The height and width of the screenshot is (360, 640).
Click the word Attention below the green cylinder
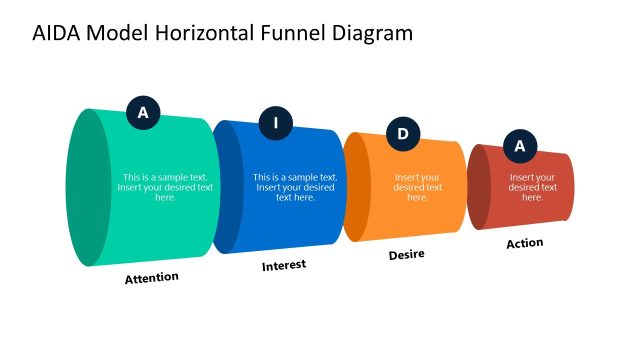(x=152, y=277)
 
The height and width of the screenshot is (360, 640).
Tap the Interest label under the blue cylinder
(x=284, y=265)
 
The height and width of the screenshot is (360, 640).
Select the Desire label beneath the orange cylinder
(x=406, y=254)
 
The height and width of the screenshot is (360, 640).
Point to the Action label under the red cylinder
(x=524, y=243)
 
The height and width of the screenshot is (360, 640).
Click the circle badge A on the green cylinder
(x=143, y=113)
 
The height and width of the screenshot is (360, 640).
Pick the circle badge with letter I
(x=276, y=124)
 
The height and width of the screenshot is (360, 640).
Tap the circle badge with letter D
(x=403, y=134)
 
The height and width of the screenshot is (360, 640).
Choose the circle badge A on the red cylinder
(x=519, y=146)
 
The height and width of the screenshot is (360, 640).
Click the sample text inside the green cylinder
(x=165, y=187)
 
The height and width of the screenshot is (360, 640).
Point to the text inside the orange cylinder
(x=418, y=187)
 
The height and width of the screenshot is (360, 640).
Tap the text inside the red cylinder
(x=532, y=187)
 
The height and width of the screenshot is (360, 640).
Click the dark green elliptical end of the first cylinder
(x=88, y=187)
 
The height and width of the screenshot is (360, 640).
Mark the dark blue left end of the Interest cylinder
(x=229, y=187)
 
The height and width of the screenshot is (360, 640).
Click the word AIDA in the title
(x=58, y=33)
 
